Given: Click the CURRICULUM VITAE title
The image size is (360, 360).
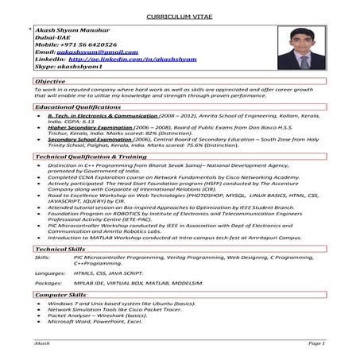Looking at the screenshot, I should (180, 17).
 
